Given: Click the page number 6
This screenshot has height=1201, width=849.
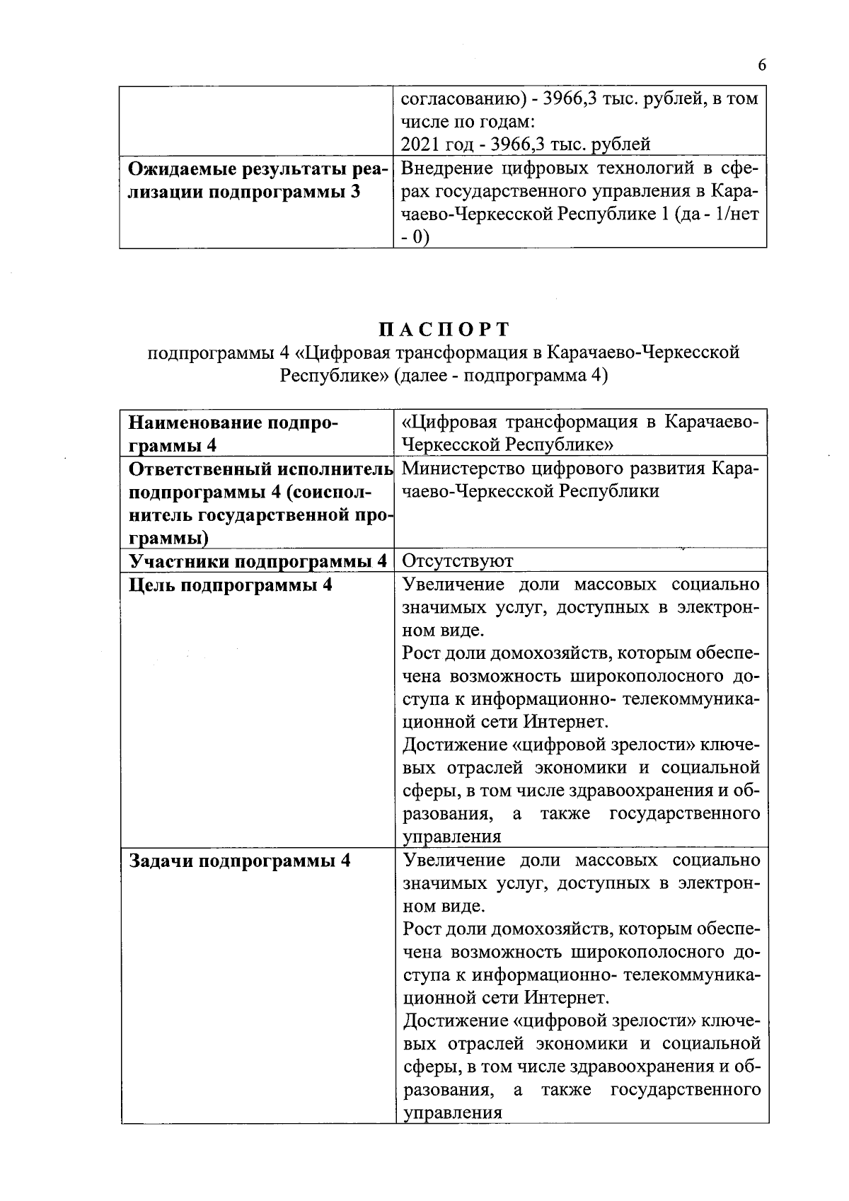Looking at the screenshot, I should [761, 65].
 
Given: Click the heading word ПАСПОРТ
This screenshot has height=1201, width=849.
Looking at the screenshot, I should [444, 330].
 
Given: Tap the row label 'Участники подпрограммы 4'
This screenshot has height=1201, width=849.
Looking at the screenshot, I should [258, 561].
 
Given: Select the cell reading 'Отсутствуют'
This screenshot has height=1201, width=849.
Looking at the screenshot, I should [458, 561].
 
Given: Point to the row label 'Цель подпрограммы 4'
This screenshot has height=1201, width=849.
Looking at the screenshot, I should [230, 585].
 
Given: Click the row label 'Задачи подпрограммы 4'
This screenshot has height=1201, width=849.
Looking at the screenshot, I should [239, 861].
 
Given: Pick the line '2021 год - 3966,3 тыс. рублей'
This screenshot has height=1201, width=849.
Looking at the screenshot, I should [526, 144].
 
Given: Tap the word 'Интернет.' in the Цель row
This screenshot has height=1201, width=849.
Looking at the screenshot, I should [566, 722].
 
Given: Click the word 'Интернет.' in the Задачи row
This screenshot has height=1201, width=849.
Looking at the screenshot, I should [566, 998].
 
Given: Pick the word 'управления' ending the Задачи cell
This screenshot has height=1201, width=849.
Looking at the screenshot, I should [452, 1113].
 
